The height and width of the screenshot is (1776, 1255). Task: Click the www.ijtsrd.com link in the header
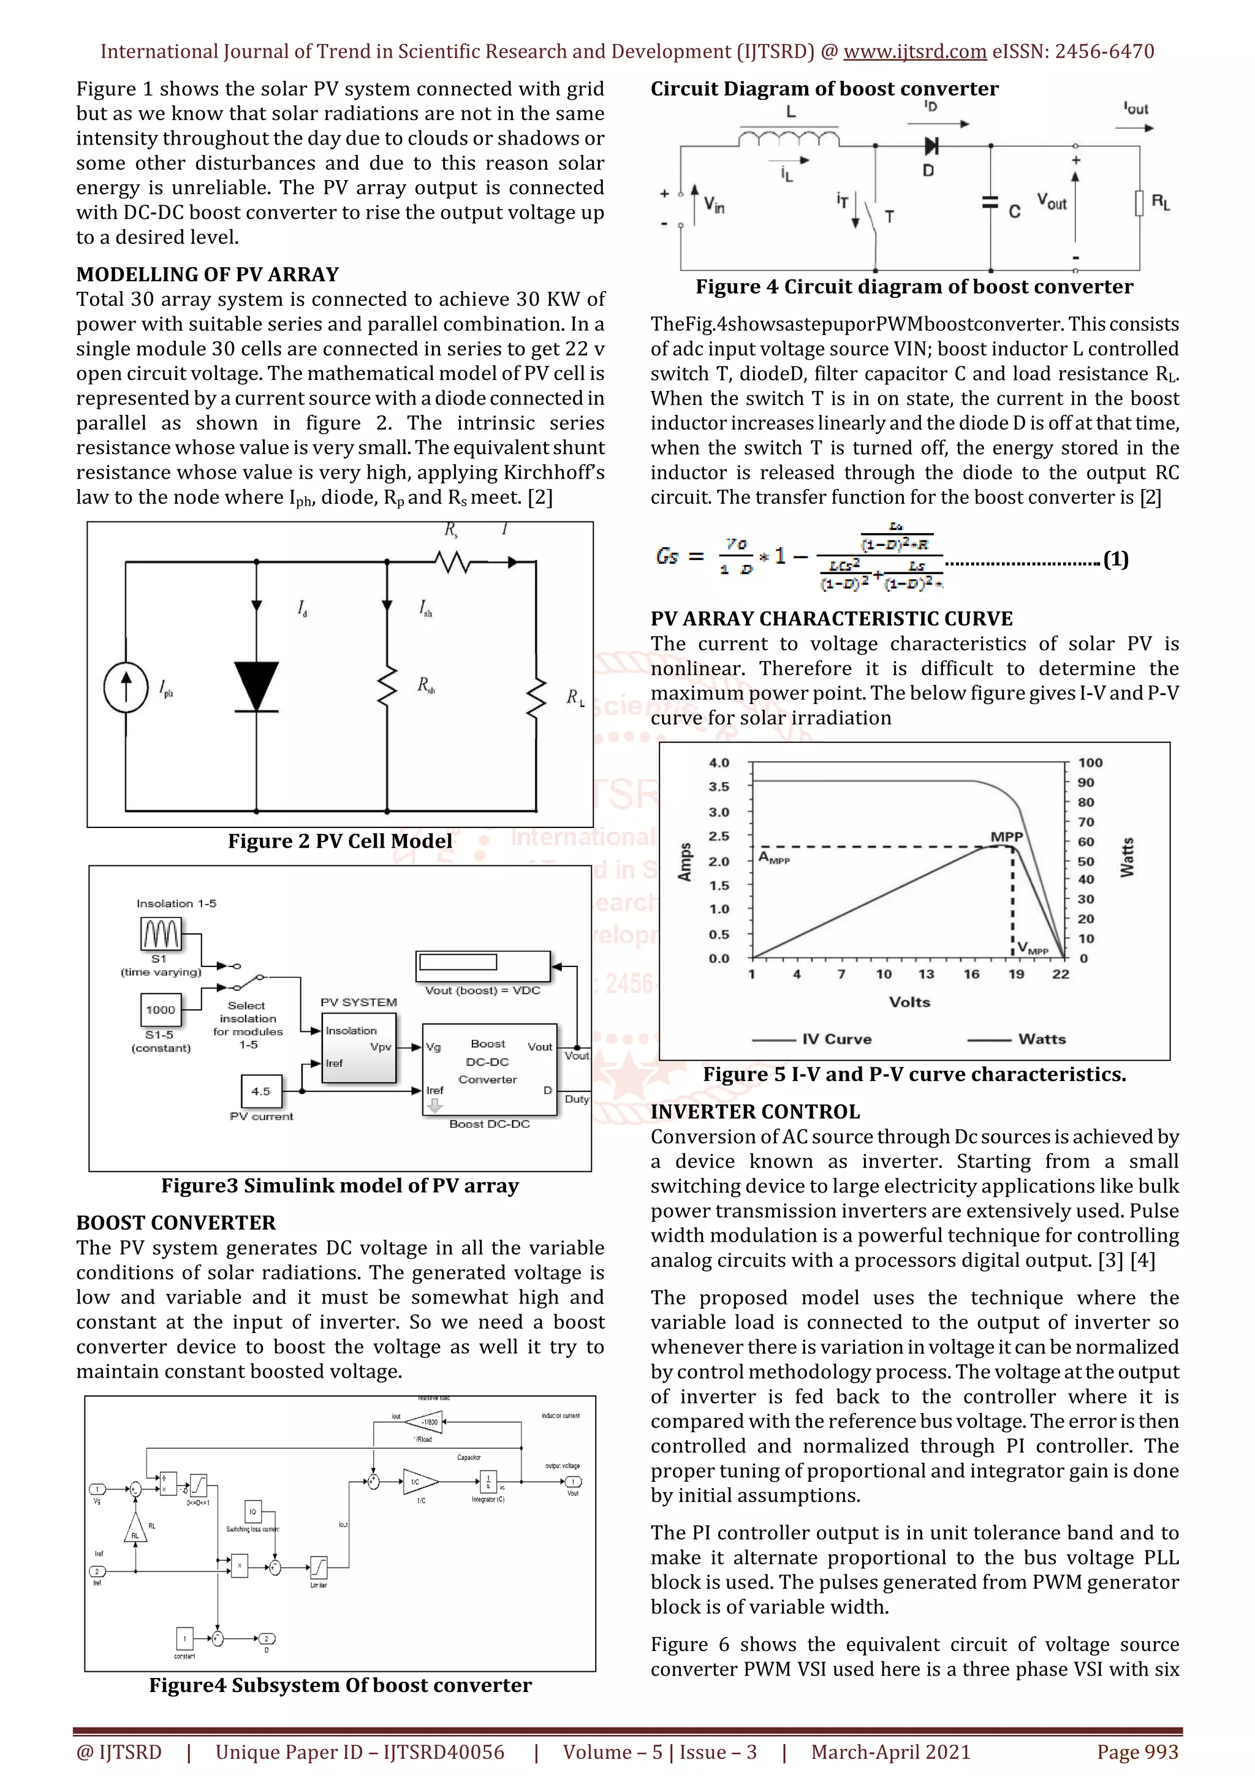914,52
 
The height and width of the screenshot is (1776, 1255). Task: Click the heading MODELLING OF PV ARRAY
207,275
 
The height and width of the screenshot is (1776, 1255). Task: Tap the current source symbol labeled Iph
126,687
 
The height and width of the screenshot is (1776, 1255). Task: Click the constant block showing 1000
161,1009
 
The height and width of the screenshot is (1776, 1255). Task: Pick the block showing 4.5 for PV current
262,1091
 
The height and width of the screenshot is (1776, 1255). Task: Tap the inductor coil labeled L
789,139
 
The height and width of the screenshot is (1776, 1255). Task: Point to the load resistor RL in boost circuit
1139,203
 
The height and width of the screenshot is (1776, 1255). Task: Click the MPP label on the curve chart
1006,837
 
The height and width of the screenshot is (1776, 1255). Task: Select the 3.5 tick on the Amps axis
719,787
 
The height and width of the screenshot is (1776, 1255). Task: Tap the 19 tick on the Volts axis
1015,974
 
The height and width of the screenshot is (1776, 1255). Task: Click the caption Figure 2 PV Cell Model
339,841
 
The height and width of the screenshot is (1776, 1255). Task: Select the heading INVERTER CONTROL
755,1112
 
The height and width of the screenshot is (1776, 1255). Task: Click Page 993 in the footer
1137,1752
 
